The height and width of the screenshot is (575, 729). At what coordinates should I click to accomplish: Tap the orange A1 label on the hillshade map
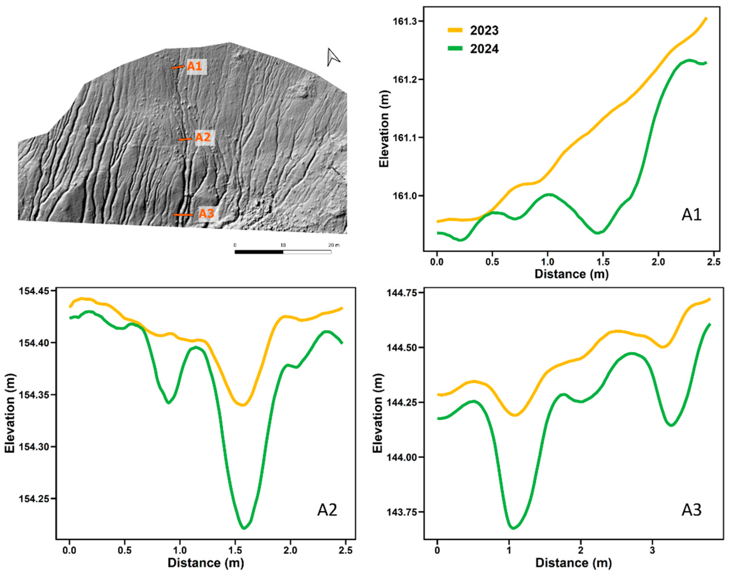[195, 66]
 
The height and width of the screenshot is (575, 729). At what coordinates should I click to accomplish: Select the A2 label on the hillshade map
[203, 137]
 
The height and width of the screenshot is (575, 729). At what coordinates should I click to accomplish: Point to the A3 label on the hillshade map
[206, 213]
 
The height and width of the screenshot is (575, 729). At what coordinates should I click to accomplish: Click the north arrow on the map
[333, 57]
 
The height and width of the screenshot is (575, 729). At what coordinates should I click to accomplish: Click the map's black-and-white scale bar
[283, 252]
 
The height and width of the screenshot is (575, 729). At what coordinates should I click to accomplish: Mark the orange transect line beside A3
[183, 215]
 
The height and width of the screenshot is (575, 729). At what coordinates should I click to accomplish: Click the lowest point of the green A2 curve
[244, 528]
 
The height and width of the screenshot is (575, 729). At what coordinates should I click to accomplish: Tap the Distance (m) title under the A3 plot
[573, 563]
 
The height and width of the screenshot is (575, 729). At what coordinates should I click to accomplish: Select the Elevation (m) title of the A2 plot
[10, 413]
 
